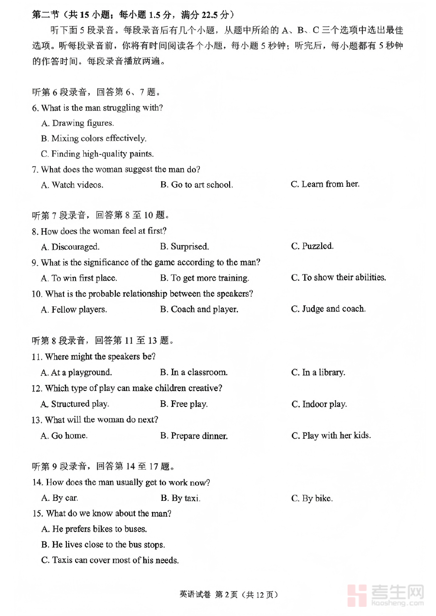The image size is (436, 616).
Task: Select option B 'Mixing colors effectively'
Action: (x=93, y=138)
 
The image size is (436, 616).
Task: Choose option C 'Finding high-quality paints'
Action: (x=97, y=154)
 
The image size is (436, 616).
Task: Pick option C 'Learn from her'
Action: (x=325, y=184)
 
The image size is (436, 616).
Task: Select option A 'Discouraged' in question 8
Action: (x=70, y=247)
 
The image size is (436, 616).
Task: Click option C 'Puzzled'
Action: (x=312, y=246)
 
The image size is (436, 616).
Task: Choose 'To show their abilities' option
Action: (x=338, y=278)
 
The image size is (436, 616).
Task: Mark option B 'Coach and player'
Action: (x=199, y=309)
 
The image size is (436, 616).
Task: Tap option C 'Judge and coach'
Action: (x=328, y=309)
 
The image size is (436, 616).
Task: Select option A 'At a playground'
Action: (x=77, y=373)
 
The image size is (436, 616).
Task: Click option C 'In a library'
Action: (x=318, y=373)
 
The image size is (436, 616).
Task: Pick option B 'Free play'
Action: (x=184, y=404)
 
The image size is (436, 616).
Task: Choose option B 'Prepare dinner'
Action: (x=194, y=436)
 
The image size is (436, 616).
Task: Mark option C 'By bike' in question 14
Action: (x=312, y=498)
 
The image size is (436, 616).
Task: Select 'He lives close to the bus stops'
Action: (x=103, y=545)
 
